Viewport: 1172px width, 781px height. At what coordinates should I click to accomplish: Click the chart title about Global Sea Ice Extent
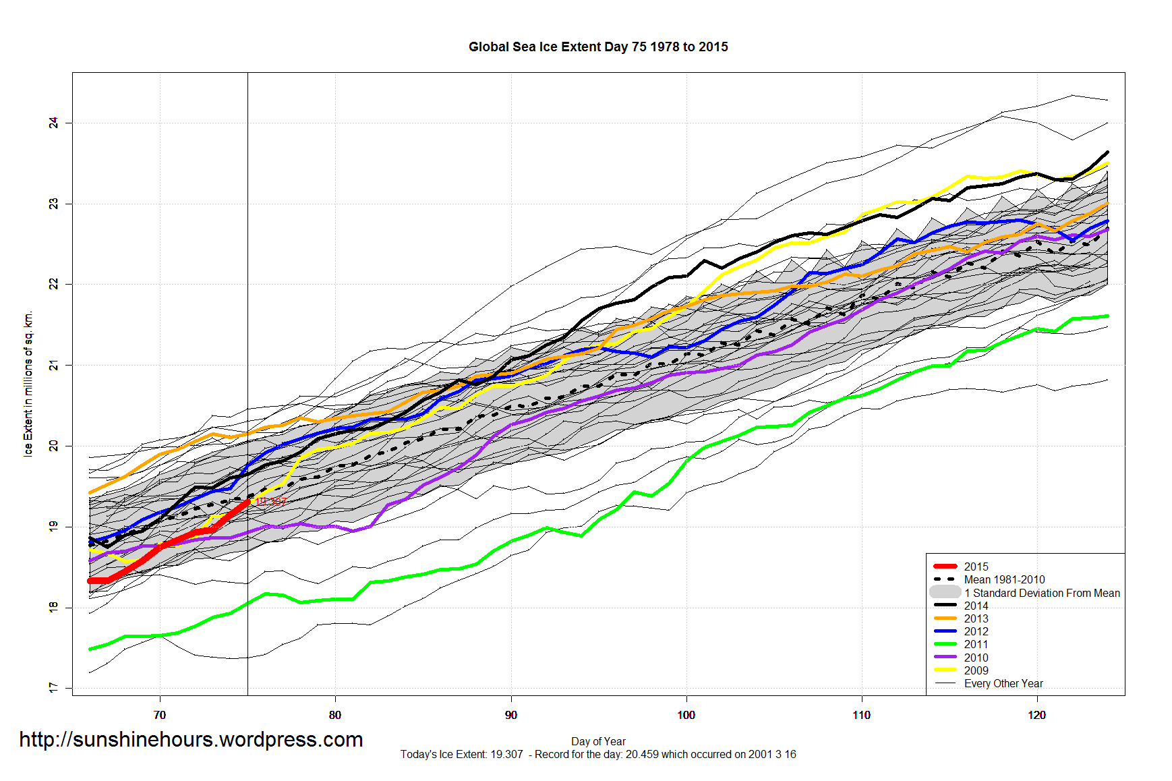[x=598, y=47]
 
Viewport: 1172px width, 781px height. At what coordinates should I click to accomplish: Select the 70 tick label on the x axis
[x=160, y=715]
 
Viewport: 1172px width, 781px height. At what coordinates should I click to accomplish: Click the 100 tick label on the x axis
[x=686, y=715]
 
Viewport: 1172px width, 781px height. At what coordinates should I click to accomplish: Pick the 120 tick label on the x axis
[x=1036, y=715]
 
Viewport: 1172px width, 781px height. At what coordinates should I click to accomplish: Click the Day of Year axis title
[x=598, y=741]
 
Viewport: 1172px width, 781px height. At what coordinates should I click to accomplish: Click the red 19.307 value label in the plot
[x=271, y=502]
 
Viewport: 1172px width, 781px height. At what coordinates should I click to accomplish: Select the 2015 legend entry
[x=976, y=567]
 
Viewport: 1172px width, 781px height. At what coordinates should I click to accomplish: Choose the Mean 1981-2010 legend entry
[x=1004, y=579]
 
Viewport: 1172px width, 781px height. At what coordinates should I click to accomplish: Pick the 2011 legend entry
[x=976, y=644]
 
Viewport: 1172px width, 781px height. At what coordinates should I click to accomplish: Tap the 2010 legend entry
[x=976, y=658]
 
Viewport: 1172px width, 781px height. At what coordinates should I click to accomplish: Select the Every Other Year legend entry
[x=1003, y=683]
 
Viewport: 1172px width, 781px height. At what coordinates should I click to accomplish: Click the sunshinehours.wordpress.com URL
[x=191, y=740]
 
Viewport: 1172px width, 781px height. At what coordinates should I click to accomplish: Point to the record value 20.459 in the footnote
[x=641, y=754]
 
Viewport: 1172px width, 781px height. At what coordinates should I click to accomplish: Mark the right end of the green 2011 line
[x=1107, y=316]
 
